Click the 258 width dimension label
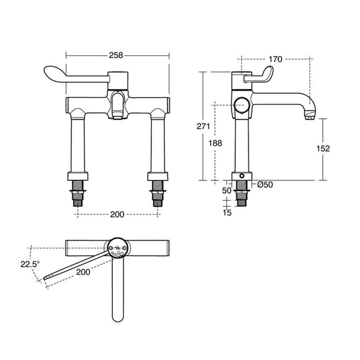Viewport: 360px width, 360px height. coord(116,55)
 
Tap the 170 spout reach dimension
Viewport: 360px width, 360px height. coord(276,59)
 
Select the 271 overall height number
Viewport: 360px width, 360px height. coord(203,126)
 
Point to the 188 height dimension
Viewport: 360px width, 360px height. coord(215,143)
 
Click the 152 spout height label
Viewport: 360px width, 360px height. coord(323,149)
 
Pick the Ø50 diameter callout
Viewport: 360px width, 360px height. coord(265,184)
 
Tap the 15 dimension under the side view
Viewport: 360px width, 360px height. coord(227,213)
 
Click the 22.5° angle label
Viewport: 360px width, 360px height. coord(30,264)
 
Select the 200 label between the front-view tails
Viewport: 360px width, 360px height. coord(117,215)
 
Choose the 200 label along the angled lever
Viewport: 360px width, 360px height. coord(83,272)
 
